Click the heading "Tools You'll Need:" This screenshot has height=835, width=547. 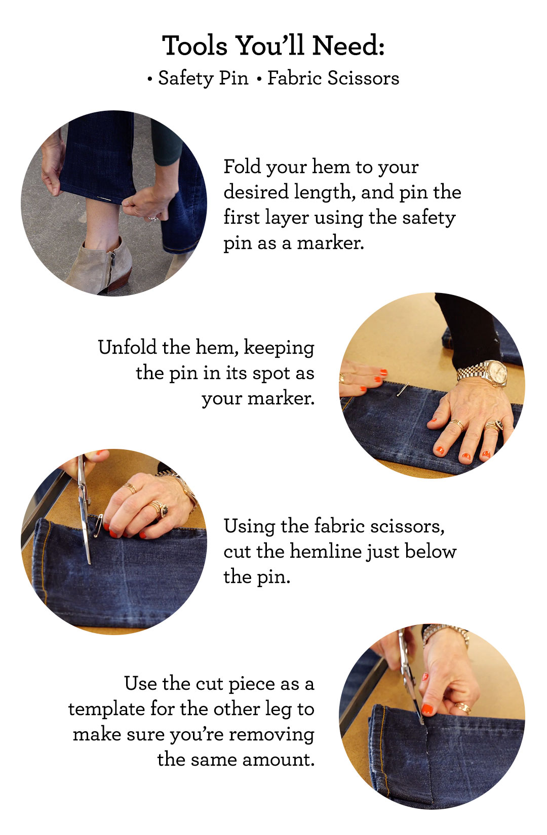[273, 46]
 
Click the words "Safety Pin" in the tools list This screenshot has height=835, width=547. [203, 78]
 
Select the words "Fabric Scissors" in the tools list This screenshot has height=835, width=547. [333, 78]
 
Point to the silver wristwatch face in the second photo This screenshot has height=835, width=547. [496, 373]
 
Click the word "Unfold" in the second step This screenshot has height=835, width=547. [128, 348]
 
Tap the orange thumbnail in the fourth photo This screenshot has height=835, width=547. [428, 709]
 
